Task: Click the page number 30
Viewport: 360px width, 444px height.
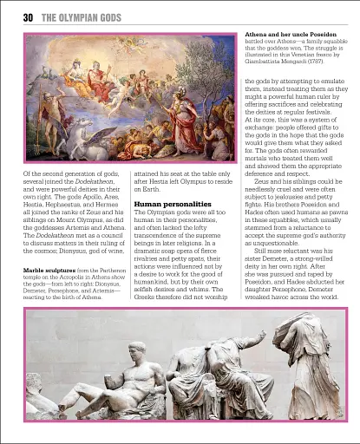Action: pos(28,17)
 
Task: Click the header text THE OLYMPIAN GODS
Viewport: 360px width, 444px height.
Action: pos(82,17)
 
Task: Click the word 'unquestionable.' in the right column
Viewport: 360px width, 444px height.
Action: pos(272,241)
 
